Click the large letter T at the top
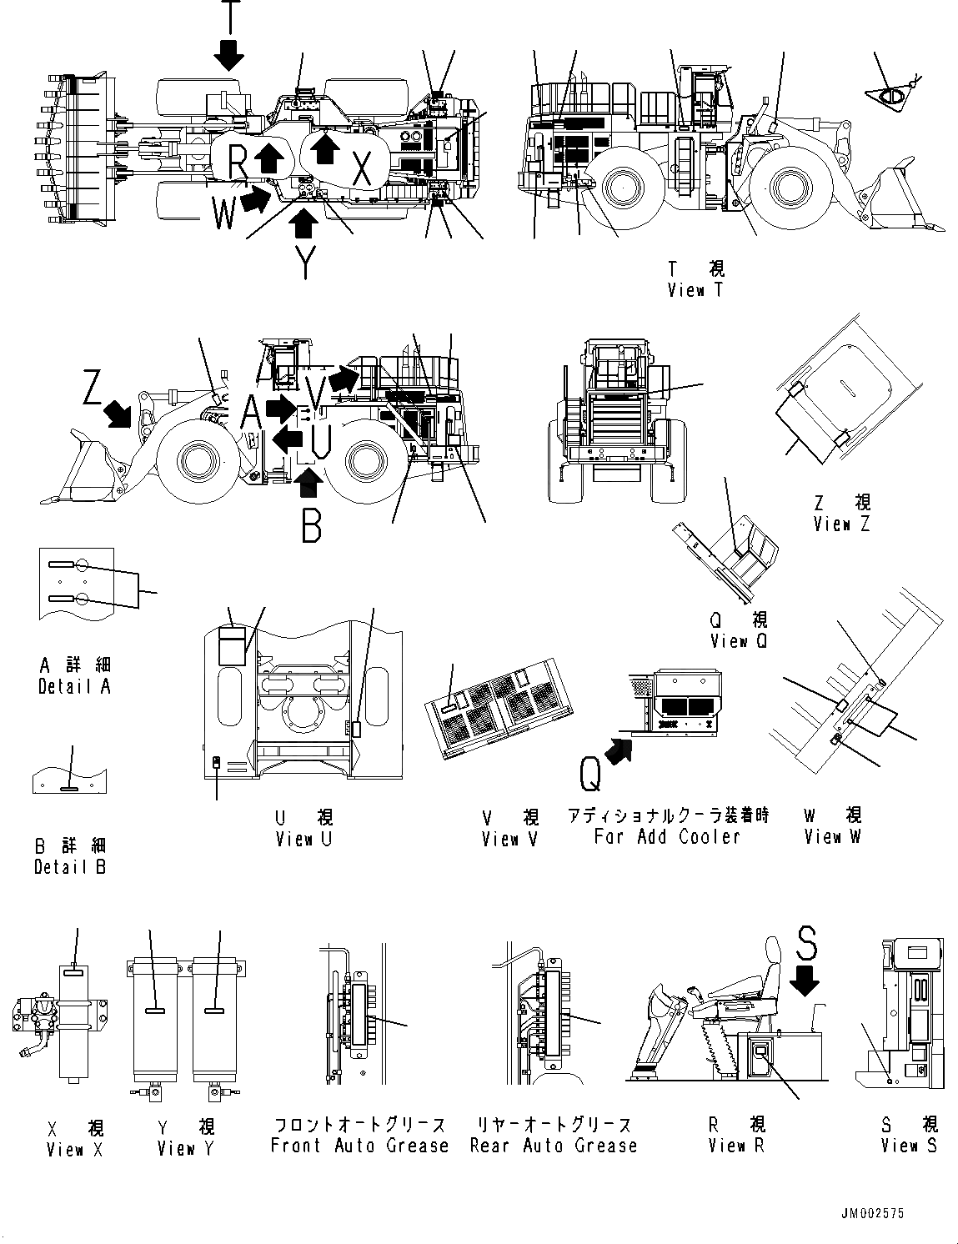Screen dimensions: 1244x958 (x=229, y=15)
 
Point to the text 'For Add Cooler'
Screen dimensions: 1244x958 (x=667, y=837)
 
